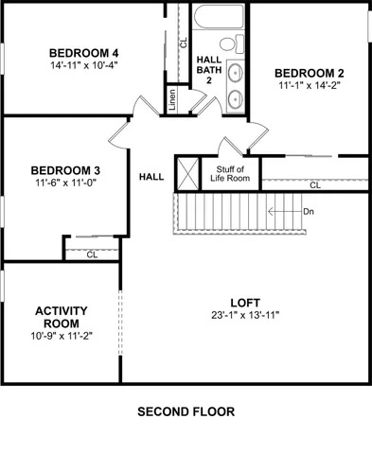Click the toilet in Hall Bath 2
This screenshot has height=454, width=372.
pyautogui.click(x=228, y=45)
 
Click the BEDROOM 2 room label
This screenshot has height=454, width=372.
pyautogui.click(x=309, y=73)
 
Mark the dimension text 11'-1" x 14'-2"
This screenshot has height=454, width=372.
pyautogui.click(x=309, y=86)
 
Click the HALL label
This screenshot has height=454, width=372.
pyautogui.click(x=151, y=177)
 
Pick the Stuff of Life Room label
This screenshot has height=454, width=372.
pyautogui.click(x=229, y=172)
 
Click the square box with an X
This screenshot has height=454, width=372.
pyautogui.click(x=187, y=172)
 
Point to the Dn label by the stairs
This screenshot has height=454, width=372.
pyautogui.click(x=309, y=211)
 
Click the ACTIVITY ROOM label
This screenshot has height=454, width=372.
pyautogui.click(x=62, y=317)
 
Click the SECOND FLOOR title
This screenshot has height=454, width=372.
pyautogui.click(x=186, y=412)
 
